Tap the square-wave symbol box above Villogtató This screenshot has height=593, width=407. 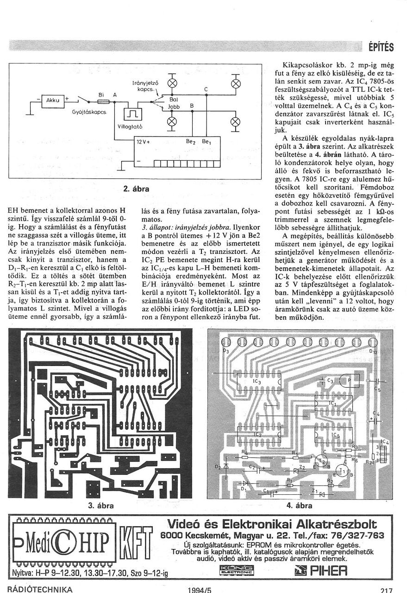pyautogui.click(x=132, y=114)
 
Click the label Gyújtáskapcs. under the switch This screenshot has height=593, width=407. pyautogui.click(x=89, y=113)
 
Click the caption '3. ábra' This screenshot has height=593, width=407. pyautogui.click(x=100, y=505)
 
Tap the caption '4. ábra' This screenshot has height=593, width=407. pyautogui.click(x=300, y=505)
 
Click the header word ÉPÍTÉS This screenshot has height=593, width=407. pyautogui.click(x=381, y=47)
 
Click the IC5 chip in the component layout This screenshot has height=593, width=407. pyautogui.click(x=334, y=436)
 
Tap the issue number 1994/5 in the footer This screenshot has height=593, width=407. pyautogui.click(x=200, y=590)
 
